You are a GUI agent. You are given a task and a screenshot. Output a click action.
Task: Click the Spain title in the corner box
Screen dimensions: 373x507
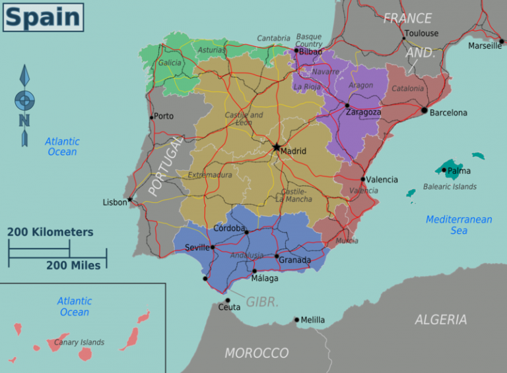click(x=43, y=17)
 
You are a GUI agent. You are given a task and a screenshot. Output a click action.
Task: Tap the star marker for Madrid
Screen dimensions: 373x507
click(x=277, y=147)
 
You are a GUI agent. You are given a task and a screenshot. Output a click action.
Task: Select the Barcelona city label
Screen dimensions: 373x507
click(x=448, y=113)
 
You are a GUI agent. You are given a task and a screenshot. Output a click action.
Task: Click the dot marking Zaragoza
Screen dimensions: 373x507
click(x=347, y=105)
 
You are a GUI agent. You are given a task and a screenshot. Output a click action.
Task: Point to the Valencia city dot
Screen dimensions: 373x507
click(x=362, y=179)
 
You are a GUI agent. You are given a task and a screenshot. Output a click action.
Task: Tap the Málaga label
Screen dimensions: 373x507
click(x=264, y=278)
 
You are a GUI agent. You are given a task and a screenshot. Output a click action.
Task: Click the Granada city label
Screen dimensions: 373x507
click(x=294, y=260)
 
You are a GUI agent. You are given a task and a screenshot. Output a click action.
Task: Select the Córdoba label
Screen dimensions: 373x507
click(x=229, y=228)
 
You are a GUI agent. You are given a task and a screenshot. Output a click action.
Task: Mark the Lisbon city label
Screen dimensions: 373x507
click(x=115, y=202)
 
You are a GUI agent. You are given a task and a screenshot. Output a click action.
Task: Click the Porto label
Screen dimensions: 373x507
click(x=163, y=116)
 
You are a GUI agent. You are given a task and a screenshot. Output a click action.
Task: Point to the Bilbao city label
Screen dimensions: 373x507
click(x=310, y=51)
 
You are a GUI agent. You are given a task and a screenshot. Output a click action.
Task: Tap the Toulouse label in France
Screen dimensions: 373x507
click(x=421, y=33)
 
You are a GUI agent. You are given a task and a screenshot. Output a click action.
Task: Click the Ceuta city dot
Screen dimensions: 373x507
click(x=228, y=301)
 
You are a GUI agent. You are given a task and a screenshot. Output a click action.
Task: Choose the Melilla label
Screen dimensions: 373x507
click(x=312, y=320)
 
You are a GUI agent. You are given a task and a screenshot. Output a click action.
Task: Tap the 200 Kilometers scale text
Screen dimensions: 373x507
click(x=50, y=232)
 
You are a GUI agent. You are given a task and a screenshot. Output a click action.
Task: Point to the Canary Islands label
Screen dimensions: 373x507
click(x=80, y=342)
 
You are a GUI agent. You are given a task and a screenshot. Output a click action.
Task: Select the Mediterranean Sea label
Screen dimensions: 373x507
click(x=459, y=225)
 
